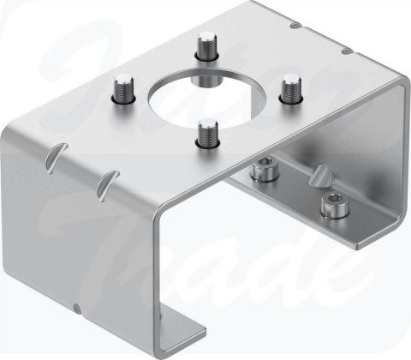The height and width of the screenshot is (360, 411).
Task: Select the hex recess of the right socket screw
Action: [329, 202]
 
